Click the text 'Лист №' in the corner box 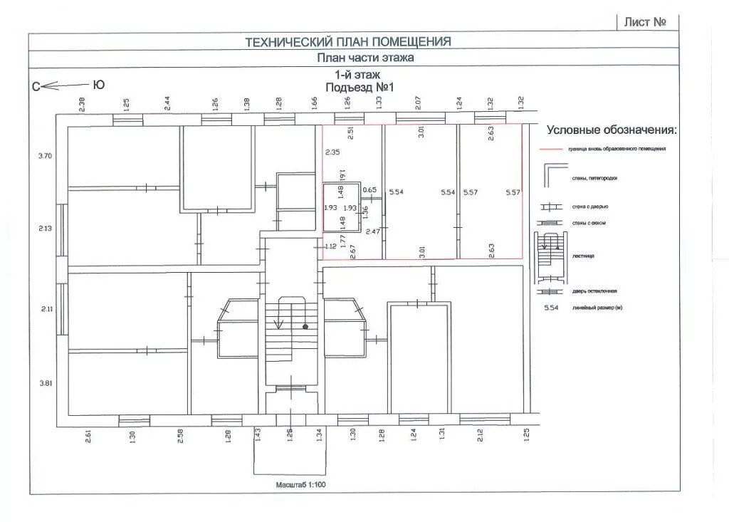[645, 21]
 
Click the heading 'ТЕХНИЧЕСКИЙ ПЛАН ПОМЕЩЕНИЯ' [348, 42]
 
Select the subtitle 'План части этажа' [365, 58]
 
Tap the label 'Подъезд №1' [360, 87]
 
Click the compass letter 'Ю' [99, 85]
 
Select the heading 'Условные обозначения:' [612, 130]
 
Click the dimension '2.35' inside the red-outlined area [332, 152]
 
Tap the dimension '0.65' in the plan [369, 190]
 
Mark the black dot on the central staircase [305, 327]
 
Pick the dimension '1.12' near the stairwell [330, 246]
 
